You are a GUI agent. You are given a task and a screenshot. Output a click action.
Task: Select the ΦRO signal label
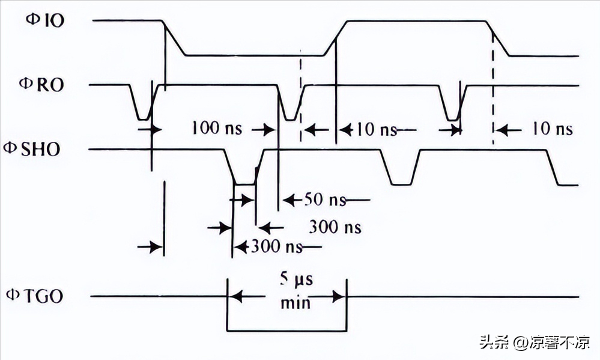click(x=44, y=85)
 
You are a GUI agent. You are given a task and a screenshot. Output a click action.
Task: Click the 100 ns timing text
click(x=217, y=129)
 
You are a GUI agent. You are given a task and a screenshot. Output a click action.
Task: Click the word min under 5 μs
click(x=295, y=302)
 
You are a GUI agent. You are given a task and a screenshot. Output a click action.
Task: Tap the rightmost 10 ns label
click(x=551, y=129)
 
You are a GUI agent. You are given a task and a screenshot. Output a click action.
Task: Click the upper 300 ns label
click(x=335, y=227)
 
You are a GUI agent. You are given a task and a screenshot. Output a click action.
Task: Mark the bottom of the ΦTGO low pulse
click(x=286, y=330)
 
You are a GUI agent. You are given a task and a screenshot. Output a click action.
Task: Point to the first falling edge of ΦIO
click(x=175, y=37)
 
